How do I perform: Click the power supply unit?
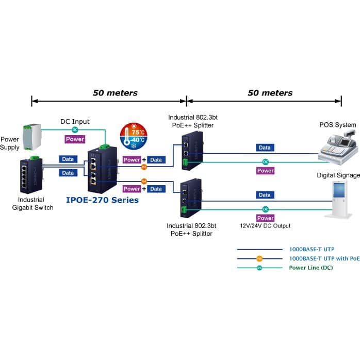coord(32,137)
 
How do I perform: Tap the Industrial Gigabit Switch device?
coord(31,175)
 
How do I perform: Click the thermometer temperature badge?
coord(134,136)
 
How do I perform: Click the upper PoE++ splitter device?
coord(192,151)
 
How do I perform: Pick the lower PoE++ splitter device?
coord(191,198)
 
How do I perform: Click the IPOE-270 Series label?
coord(103,200)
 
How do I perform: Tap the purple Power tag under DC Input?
coord(75,139)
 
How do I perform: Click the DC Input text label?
coord(75,121)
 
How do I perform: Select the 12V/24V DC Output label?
coord(265,226)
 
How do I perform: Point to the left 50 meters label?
coord(115,93)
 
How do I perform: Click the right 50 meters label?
coord(270,93)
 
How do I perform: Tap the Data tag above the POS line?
coord(265,148)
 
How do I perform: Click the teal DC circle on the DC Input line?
coord(75,130)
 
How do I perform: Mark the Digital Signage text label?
coord(338,175)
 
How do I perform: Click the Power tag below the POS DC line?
coord(266,171)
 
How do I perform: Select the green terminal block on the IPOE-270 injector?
coord(105,146)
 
